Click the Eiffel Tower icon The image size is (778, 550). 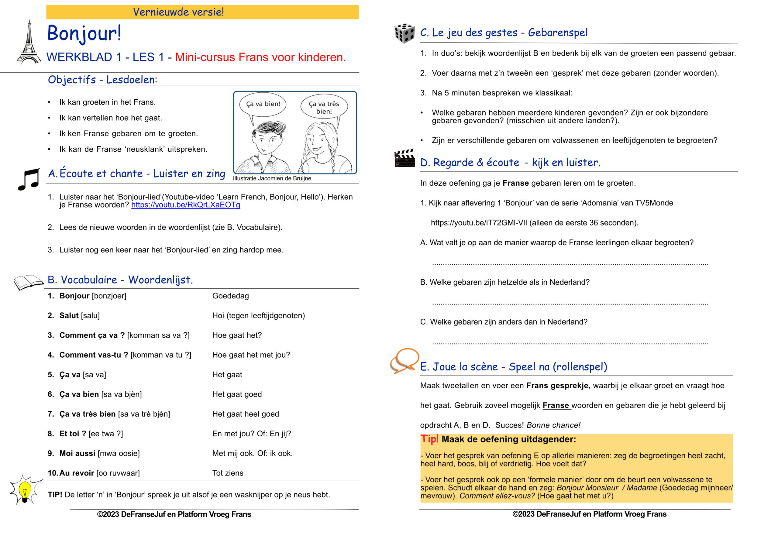click(29, 43)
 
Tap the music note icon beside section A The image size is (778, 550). click(29, 179)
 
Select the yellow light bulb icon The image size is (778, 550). click(25, 490)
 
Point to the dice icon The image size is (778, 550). click(404, 33)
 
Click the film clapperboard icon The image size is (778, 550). click(404, 159)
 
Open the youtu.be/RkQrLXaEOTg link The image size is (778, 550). click(186, 205)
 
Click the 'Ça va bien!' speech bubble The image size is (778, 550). click(263, 104)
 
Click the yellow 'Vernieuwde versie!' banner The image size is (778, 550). click(202, 12)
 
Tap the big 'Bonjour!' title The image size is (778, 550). click(84, 33)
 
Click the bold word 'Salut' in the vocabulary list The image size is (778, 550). click(69, 315)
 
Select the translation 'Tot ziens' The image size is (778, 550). click(228, 473)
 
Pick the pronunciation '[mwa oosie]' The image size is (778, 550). click(119, 453)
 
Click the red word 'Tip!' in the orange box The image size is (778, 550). click(429, 439)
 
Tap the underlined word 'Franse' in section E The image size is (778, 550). click(556, 406)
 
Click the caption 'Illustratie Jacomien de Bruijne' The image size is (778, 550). click(272, 179)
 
